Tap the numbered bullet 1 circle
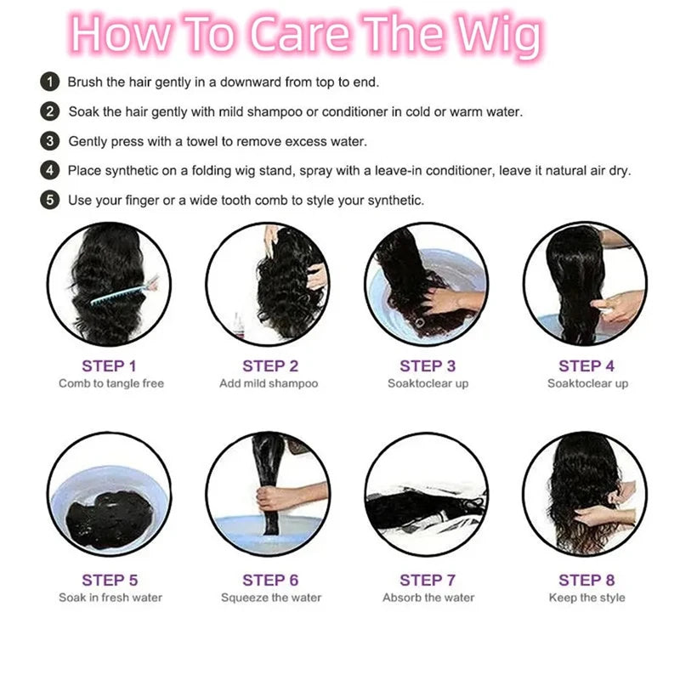(x=50, y=82)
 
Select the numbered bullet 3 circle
(x=50, y=141)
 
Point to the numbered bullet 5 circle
(x=50, y=201)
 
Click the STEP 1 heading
(x=110, y=366)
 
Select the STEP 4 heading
(x=586, y=366)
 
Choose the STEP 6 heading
(x=270, y=581)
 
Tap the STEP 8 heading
(x=586, y=581)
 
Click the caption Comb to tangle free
(x=111, y=384)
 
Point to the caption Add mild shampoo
(x=269, y=384)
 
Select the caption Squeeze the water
(x=271, y=598)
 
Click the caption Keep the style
(x=587, y=598)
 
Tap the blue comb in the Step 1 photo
(x=124, y=292)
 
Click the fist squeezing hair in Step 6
(x=271, y=499)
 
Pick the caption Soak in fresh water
(x=110, y=598)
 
